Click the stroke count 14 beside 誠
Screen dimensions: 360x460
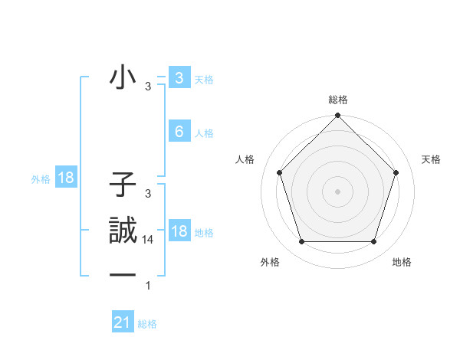click(148, 240)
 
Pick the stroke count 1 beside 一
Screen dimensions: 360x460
click(148, 286)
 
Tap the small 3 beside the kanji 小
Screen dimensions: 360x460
click(148, 87)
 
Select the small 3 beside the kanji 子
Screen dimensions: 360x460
click(148, 194)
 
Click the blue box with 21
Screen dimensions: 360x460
click(123, 322)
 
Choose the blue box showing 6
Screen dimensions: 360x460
click(179, 132)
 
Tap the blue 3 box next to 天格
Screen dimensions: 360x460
click(179, 78)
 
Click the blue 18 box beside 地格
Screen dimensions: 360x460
click(179, 231)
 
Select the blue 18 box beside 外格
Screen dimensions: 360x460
click(66, 178)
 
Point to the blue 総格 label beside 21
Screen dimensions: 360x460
click(147, 324)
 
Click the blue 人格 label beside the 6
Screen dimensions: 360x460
click(204, 133)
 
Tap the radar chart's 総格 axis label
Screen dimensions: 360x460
click(338, 100)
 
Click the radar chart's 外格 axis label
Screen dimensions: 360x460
click(270, 262)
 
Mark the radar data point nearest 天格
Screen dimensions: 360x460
click(396, 172)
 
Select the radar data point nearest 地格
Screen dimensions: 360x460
click(374, 241)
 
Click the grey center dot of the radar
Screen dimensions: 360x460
click(338, 191)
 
